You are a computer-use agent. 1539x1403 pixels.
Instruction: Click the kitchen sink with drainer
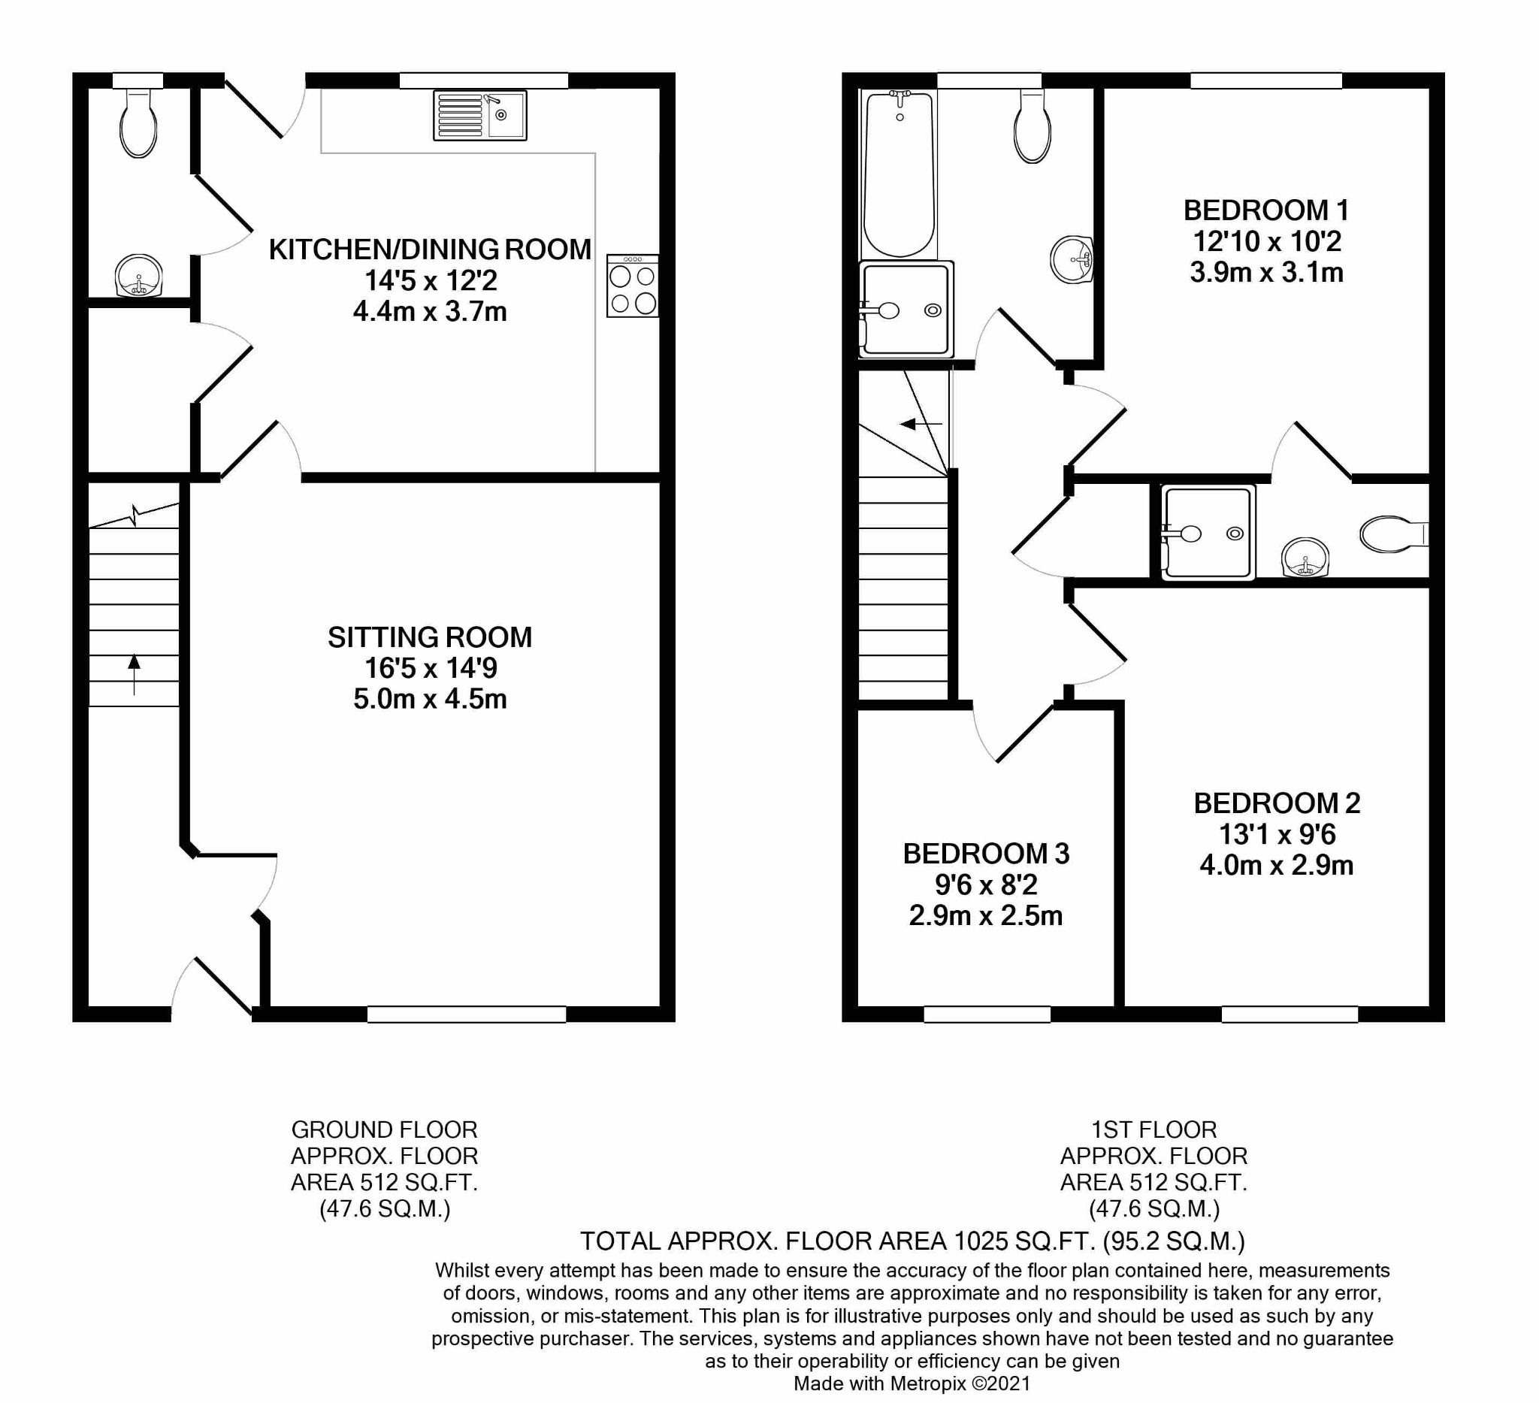[480, 115]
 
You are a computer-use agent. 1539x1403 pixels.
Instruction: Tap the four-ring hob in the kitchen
[633, 286]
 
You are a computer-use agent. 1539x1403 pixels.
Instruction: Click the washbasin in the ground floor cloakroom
[138, 276]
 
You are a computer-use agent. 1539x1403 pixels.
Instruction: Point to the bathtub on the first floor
[900, 175]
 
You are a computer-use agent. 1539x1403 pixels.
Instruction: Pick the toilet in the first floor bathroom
[1032, 126]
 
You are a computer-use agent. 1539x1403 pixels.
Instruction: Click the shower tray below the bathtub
[906, 309]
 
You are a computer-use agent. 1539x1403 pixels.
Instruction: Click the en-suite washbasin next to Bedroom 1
[1305, 557]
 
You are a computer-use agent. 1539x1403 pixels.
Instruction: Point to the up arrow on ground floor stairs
[135, 674]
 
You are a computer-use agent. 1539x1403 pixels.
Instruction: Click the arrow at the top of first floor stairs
[921, 424]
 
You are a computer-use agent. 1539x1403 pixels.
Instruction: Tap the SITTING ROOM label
[430, 637]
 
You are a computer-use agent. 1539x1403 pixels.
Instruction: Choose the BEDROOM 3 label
[987, 854]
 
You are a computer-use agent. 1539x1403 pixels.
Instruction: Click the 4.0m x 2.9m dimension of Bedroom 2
[1277, 865]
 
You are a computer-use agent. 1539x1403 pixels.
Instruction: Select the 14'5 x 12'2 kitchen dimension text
[431, 281]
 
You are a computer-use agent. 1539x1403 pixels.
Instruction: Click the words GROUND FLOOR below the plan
[385, 1129]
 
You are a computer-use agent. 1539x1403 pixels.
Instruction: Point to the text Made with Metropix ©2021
[912, 1383]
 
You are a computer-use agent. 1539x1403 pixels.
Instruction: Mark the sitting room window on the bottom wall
[467, 1014]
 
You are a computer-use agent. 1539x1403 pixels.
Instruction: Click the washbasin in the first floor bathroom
[1072, 259]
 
